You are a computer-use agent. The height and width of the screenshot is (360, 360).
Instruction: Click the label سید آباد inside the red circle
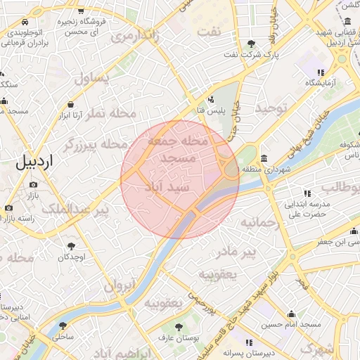166,187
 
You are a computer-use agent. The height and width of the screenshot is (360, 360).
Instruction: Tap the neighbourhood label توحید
272,108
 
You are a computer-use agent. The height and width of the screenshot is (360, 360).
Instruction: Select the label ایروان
119,285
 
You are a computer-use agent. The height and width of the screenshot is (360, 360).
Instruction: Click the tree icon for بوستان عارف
179,327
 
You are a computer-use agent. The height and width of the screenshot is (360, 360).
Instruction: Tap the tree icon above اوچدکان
71,246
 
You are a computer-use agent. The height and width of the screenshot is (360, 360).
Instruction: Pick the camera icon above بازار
33,185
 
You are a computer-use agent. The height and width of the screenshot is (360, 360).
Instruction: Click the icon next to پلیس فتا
212,99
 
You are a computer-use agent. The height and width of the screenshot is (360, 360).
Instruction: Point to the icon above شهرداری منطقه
263,157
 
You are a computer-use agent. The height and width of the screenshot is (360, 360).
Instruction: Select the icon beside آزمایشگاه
321,72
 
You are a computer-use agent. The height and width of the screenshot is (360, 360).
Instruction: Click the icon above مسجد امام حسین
291,314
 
